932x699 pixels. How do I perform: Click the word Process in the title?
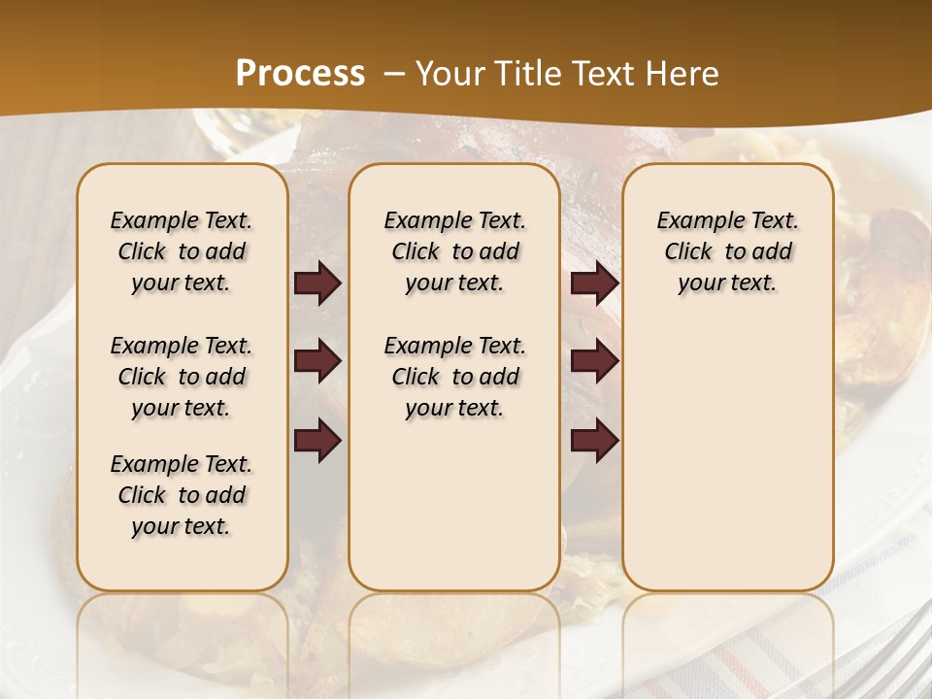coord(300,74)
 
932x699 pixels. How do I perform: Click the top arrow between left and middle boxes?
coord(317,283)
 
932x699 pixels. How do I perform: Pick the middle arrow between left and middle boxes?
coord(317,362)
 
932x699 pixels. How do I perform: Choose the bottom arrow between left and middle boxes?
coord(317,440)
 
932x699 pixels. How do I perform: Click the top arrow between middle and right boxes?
coord(594,283)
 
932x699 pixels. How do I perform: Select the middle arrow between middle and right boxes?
coord(594,362)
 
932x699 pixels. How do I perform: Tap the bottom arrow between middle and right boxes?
coord(594,440)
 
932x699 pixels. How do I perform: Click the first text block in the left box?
coord(182,251)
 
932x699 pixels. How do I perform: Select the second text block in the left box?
coord(182,377)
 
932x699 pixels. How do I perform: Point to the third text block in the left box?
coord(182,495)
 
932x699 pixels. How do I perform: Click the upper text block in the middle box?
coord(454,251)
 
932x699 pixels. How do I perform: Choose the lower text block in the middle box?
coord(454,377)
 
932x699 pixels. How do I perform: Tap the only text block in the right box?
coord(727,251)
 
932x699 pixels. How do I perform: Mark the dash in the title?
coord(394,74)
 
